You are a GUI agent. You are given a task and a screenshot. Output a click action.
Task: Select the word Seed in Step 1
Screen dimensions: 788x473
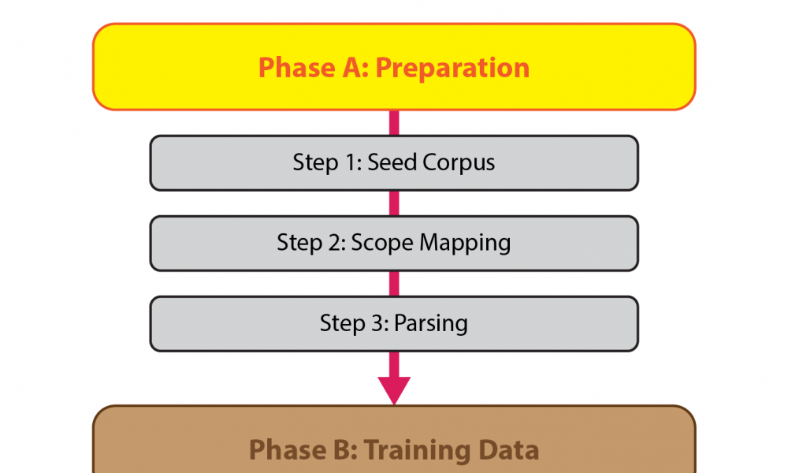click(392, 162)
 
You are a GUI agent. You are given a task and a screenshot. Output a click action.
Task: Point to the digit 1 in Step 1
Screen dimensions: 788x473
click(353, 162)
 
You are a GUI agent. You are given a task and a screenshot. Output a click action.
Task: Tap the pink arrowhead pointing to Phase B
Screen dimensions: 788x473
click(394, 390)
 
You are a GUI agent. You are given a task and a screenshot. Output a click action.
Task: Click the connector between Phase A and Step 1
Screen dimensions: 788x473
click(394, 123)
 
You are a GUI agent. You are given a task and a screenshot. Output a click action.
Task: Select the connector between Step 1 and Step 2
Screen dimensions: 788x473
click(394, 203)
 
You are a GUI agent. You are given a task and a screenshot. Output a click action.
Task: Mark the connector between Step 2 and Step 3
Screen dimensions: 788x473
click(394, 284)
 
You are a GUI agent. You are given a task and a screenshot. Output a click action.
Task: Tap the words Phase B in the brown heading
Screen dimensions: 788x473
click(303, 450)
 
